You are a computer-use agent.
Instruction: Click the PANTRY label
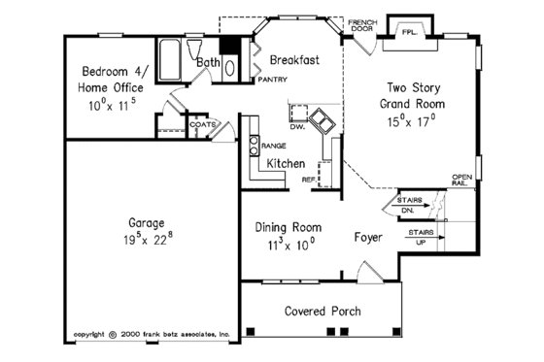tap(272, 81)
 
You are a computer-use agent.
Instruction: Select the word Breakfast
tap(294, 59)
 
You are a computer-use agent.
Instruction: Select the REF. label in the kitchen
tap(308, 180)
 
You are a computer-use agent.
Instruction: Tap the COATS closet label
tap(202, 124)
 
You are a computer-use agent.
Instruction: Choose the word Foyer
tap(367, 237)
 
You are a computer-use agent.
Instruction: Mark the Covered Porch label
tap(323, 312)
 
